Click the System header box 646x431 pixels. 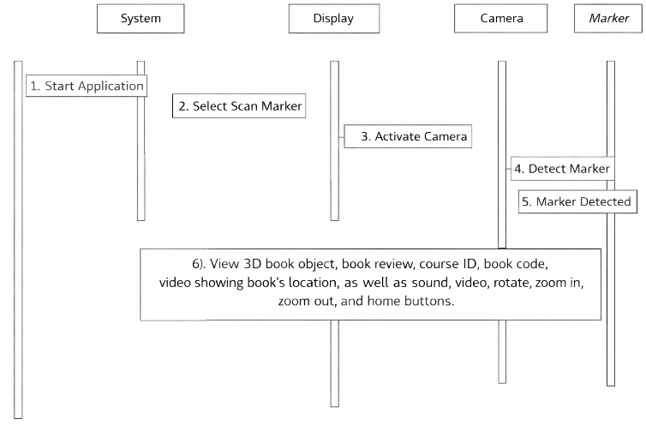[x=141, y=19]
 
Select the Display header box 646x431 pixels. [x=334, y=19]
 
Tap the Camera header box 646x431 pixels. [x=500, y=19]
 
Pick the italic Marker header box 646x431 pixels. [x=608, y=19]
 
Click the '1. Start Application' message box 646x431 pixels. [x=87, y=86]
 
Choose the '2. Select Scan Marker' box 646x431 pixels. [x=239, y=106]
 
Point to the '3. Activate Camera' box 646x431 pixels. [x=408, y=136]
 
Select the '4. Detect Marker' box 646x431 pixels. [x=563, y=169]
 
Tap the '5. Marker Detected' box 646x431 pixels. [x=577, y=201]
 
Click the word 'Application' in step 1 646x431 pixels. [x=111, y=87]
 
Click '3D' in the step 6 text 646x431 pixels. [x=253, y=264]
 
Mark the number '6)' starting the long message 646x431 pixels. [x=199, y=264]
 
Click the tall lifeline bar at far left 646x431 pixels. [x=18, y=240]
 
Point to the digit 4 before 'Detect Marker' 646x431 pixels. [x=517, y=169]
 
